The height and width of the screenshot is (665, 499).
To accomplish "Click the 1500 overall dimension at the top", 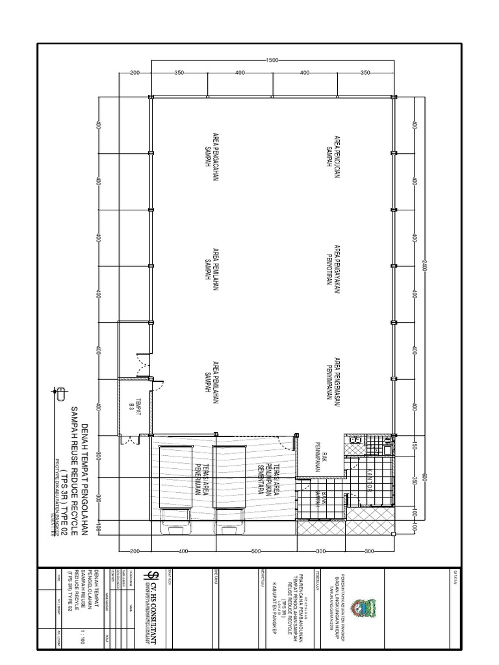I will pos(272,60).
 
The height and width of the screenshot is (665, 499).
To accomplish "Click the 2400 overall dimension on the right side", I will pos(424,266).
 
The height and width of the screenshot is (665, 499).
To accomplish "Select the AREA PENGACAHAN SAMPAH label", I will pos(212,151).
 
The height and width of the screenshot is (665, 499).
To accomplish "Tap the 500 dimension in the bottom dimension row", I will pos(255,551).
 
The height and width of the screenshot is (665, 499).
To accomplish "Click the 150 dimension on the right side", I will pos(413,447).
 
